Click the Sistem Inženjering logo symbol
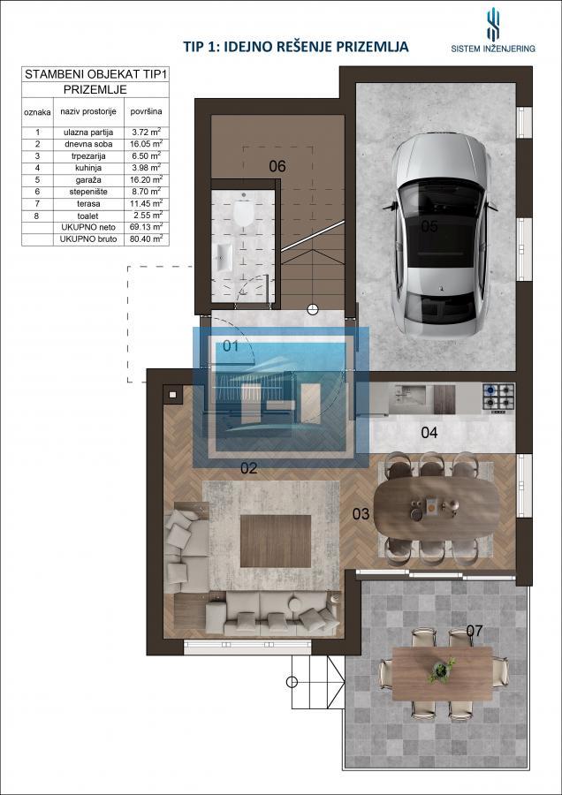click(x=493, y=24)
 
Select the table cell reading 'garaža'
click(x=88, y=179)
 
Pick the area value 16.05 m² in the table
click(x=146, y=143)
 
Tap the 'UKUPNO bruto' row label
click(x=88, y=238)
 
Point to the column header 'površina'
click(x=146, y=111)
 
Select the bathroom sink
click(x=224, y=257)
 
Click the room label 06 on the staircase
click(x=277, y=166)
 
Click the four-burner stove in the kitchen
click(x=498, y=397)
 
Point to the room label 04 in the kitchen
click(x=429, y=433)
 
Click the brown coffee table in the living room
click(x=276, y=541)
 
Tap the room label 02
click(x=249, y=468)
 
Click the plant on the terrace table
click(x=441, y=670)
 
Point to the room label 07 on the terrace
click(x=475, y=631)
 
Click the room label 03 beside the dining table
click(x=361, y=514)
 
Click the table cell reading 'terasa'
click(x=88, y=203)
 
